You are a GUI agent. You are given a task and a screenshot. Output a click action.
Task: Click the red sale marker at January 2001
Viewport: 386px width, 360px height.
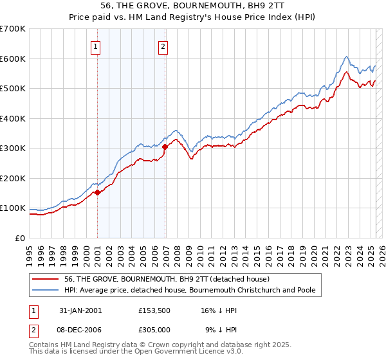[97, 192]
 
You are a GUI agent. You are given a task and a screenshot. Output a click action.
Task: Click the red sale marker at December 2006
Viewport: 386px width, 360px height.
[165, 147]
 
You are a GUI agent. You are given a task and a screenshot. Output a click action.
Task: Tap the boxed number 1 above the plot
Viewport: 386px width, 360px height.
[95, 46]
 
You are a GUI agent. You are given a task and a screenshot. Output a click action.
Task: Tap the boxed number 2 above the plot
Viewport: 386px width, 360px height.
[163, 46]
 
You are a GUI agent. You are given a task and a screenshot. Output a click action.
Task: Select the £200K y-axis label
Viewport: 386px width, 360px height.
[12, 178]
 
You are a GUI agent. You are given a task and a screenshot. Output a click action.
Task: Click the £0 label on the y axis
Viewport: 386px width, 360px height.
[20, 238]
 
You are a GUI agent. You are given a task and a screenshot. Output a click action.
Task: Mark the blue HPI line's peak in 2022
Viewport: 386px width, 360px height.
[346, 57]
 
